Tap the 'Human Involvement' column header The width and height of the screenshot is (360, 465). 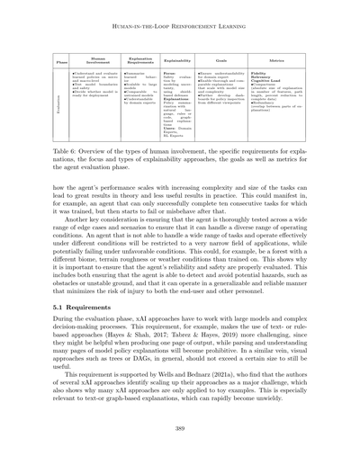click(93, 61)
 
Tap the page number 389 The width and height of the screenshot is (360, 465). click(180, 450)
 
